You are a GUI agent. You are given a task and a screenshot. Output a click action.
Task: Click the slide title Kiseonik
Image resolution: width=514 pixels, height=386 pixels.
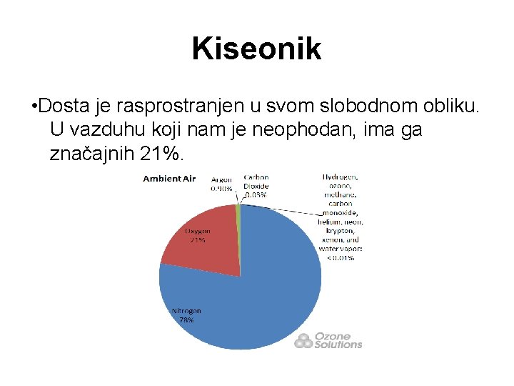[256, 49]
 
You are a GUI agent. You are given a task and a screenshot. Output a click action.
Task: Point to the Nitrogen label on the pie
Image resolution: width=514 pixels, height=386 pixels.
[186, 311]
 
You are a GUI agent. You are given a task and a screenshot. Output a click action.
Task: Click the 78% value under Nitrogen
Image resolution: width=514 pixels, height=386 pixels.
[186, 320]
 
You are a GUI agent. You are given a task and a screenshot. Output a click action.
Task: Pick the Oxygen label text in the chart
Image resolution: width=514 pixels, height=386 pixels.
[198, 232]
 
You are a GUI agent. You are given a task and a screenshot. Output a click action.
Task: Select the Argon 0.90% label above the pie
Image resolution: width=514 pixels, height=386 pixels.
[221, 184]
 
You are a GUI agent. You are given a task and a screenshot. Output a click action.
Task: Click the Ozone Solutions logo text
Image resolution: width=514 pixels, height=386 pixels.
[338, 340]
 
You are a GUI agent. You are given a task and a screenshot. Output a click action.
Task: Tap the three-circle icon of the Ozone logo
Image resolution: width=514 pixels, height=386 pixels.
[303, 340]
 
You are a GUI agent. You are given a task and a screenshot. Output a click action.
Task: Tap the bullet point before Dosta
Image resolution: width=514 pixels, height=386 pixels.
[34, 107]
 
